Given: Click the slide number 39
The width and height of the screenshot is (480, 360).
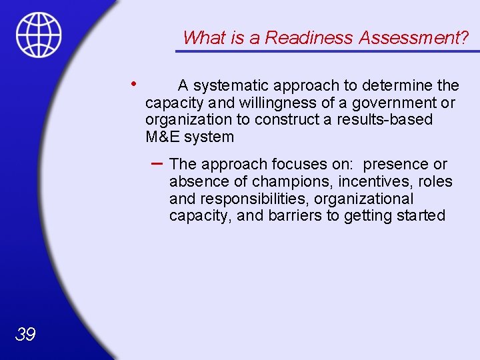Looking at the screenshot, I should click(25, 334).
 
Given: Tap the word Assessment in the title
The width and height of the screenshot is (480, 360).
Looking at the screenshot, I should click(413, 38).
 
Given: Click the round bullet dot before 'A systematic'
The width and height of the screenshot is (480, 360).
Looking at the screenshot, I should click(134, 84).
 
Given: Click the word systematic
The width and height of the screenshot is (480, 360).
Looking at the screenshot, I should click(228, 85).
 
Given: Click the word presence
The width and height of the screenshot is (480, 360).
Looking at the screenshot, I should click(394, 164).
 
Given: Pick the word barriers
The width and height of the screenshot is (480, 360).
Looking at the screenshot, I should click(295, 216).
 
